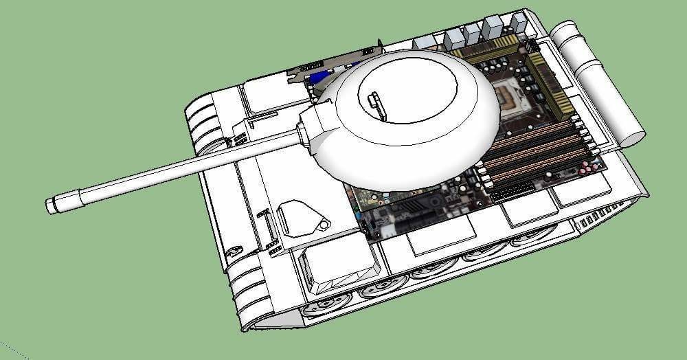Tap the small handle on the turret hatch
(374, 102)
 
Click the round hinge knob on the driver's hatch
(323, 225)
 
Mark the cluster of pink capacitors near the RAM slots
(588, 168)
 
